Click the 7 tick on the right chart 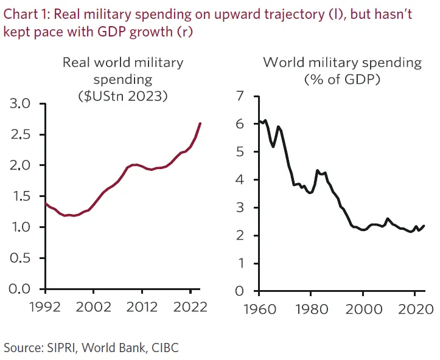[239, 96]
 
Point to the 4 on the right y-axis [239, 180]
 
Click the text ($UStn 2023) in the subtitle [123, 95]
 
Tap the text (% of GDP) [341, 79]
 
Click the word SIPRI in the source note [63, 348]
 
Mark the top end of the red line [200, 123]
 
